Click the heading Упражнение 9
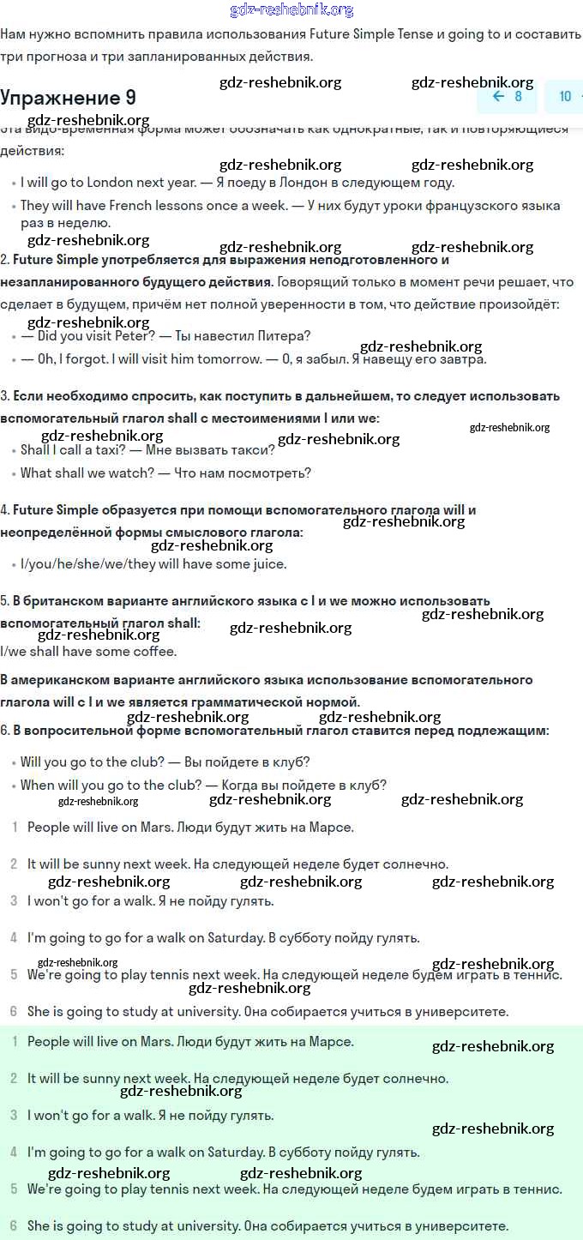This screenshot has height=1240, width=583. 68,97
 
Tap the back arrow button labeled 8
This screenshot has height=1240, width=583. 507,96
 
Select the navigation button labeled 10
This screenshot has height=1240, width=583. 565,96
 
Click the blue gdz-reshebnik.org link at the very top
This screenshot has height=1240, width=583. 291,10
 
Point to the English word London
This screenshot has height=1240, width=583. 111,183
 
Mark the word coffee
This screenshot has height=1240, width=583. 154,652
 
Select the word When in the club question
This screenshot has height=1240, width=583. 38,786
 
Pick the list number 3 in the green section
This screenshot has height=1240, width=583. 14,1116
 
